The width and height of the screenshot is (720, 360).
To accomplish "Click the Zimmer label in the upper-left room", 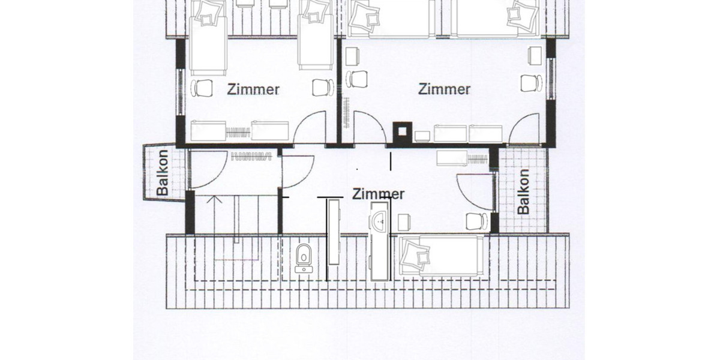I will (x=253, y=90).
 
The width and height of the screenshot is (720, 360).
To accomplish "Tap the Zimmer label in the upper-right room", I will (x=444, y=89).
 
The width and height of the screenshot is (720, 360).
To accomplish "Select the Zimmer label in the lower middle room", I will (x=378, y=194).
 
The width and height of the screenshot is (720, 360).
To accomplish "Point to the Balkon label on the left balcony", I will (x=163, y=173).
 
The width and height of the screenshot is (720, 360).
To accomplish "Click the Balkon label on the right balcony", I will (x=523, y=191).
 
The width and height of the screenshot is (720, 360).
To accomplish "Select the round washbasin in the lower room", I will (x=379, y=221).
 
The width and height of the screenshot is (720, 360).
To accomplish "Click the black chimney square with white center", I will (x=402, y=132).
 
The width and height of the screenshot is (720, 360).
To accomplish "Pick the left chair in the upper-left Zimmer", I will (x=202, y=88).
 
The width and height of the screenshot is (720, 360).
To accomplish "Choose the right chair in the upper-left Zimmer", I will (x=322, y=87).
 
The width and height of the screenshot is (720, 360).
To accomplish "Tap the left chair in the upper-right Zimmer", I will (x=359, y=79).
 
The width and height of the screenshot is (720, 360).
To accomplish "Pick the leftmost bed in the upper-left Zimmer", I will (x=208, y=42).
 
